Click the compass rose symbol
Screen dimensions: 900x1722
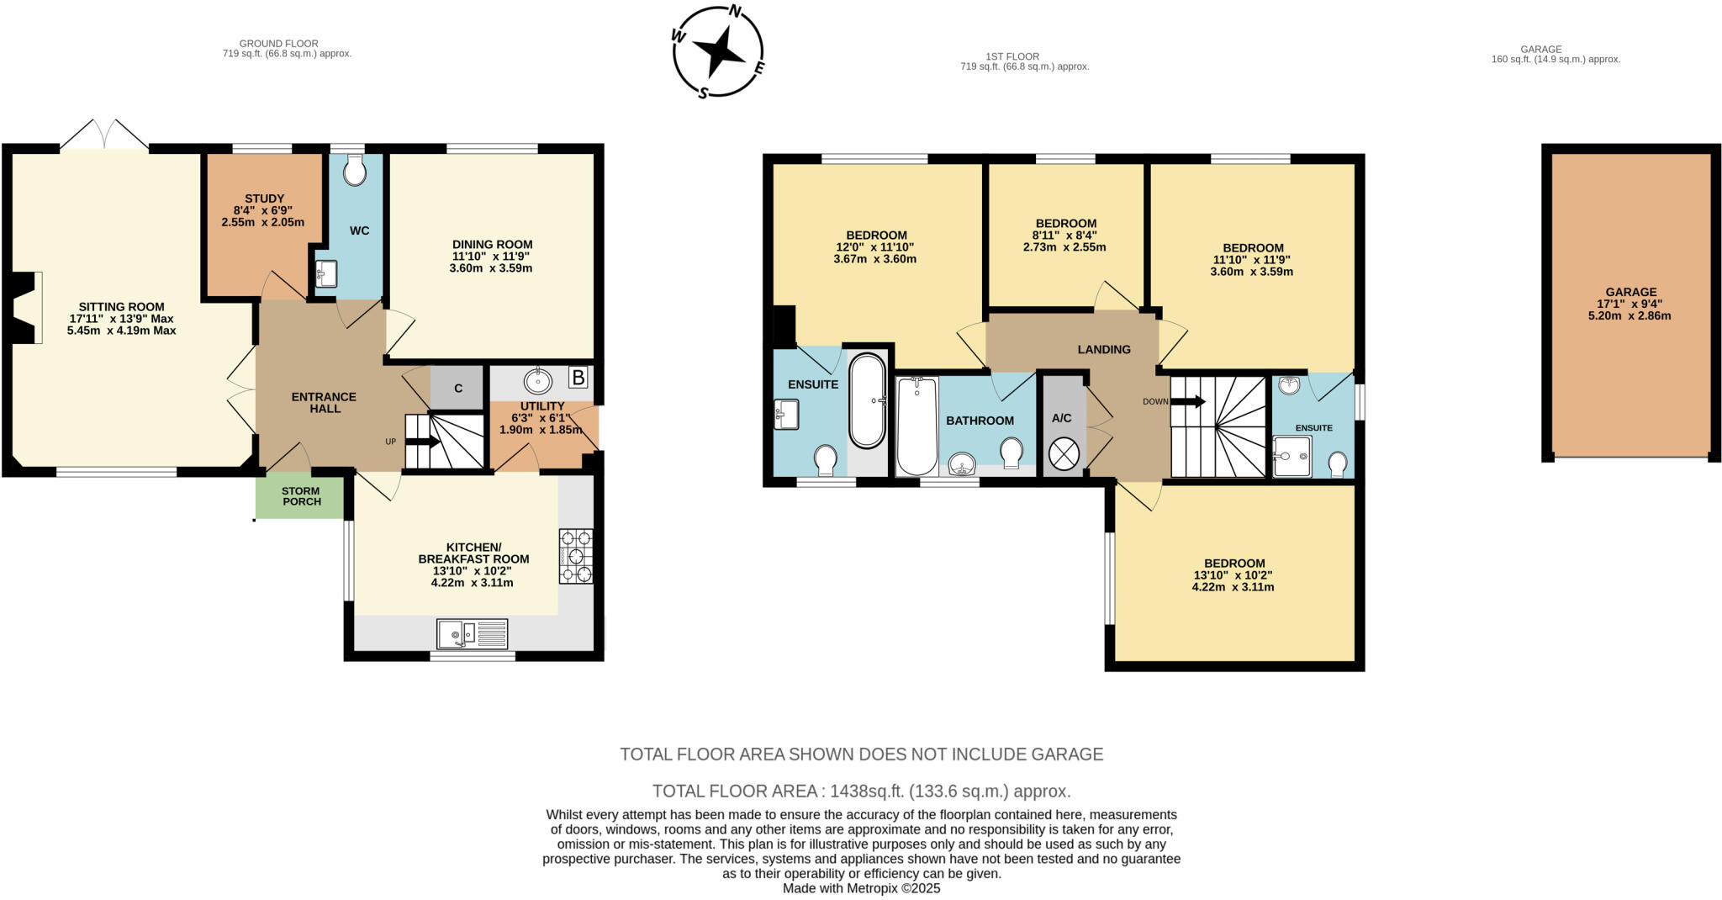click(718, 52)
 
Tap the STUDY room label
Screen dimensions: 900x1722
click(264, 199)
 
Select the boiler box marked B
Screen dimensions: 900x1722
click(578, 378)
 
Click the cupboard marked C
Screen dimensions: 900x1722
click(457, 389)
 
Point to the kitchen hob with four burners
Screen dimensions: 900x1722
click(576, 556)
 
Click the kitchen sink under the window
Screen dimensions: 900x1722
click(473, 633)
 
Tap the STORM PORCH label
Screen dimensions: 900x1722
click(301, 496)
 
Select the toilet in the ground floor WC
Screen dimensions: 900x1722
click(356, 170)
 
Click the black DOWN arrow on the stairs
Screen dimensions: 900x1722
click(1187, 401)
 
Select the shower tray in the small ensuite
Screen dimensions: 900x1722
click(1291, 456)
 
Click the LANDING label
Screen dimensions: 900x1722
click(1104, 349)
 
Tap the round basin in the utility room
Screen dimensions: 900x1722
click(537, 382)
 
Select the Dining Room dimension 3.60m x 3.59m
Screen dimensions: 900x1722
click(492, 268)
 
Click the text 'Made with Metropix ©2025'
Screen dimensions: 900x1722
click(861, 888)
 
